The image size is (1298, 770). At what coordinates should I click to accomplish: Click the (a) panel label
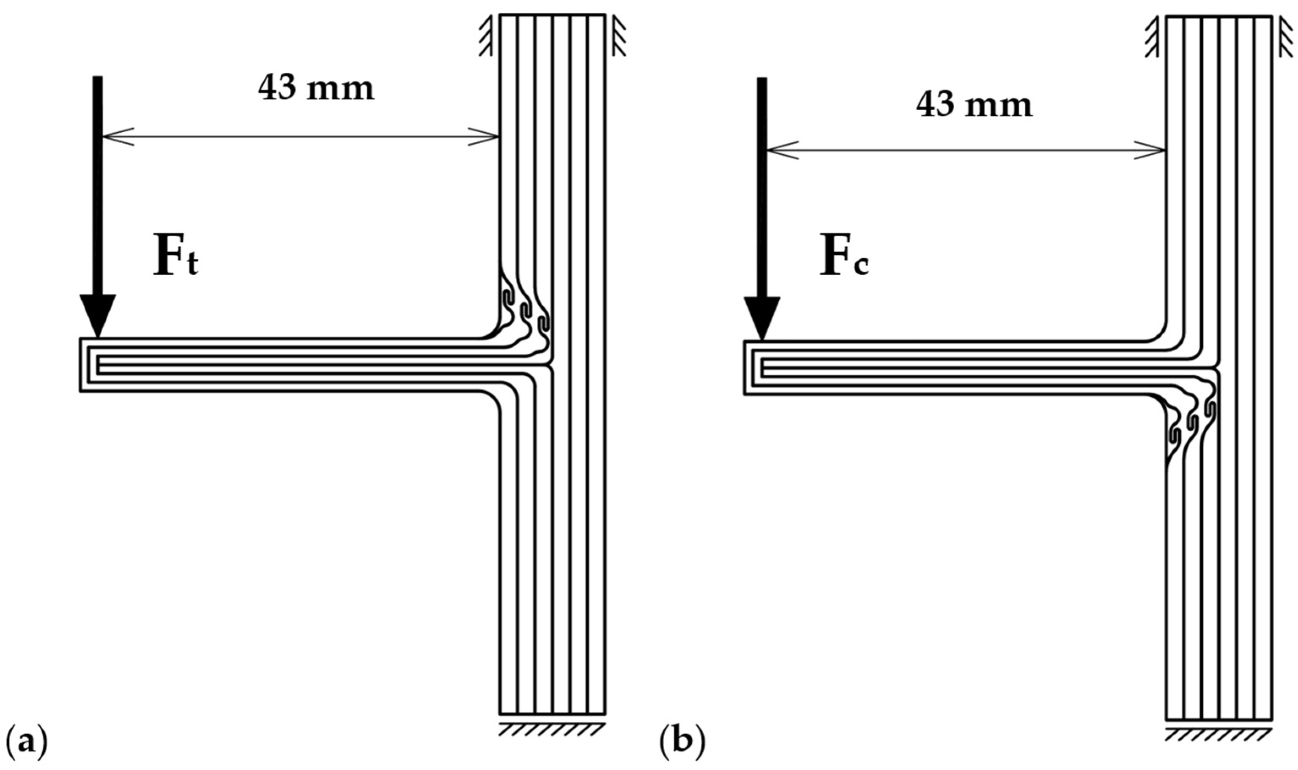[26, 743]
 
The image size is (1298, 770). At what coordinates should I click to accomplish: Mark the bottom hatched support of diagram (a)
[552, 729]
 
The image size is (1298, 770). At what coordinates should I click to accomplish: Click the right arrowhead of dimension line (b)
[1150, 150]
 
